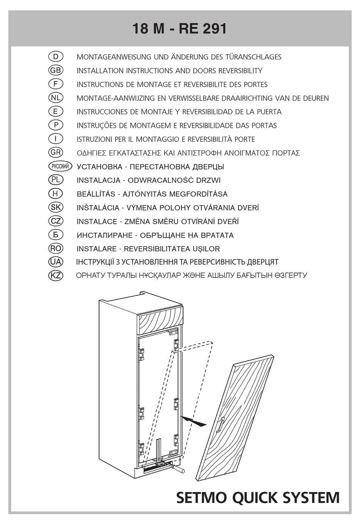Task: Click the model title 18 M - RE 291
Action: tap(180, 29)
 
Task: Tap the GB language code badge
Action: tap(56, 71)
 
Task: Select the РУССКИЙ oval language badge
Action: tap(60, 166)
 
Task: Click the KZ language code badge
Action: tap(56, 276)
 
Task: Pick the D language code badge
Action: tap(56, 57)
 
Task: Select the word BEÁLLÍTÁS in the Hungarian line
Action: tap(96, 194)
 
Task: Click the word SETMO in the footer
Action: tap(202, 498)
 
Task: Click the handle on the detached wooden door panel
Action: tap(221, 424)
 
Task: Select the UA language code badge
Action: tap(56, 262)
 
